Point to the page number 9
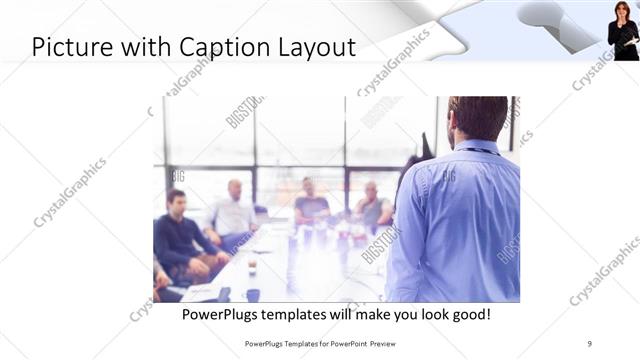coord(590,343)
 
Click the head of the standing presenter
coord(477,118)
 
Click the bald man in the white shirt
coord(233,212)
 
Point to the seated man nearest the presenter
coord(373,206)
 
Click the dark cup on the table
coord(252,294)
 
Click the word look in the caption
coord(415,314)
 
